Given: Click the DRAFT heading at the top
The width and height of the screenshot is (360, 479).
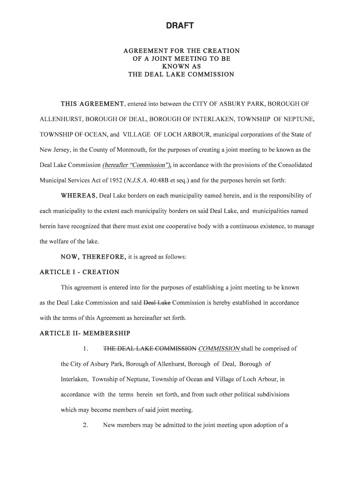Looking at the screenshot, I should [x=180, y=26].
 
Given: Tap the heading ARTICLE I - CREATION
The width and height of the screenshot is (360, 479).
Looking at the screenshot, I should [x=79, y=272].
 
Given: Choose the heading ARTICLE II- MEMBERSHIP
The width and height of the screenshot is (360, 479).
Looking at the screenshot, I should [x=85, y=334].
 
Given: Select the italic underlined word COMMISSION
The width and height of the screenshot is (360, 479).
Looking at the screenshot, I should [x=219, y=348].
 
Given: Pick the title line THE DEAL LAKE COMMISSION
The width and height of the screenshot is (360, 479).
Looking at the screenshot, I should [x=181, y=75].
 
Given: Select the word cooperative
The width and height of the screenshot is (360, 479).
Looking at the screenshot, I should [x=199, y=226].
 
